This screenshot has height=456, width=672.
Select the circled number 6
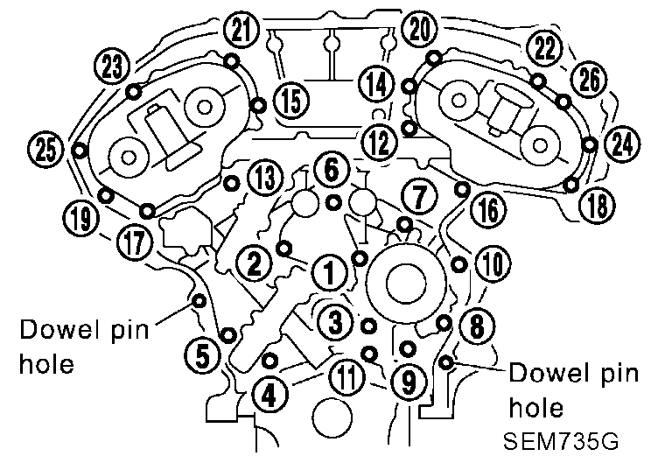click(330, 170)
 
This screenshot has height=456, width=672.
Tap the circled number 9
click(405, 381)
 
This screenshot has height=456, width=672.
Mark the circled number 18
click(598, 205)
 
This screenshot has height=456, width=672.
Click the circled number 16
click(486, 208)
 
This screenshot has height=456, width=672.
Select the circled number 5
click(201, 354)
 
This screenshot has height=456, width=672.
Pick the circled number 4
click(269, 395)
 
